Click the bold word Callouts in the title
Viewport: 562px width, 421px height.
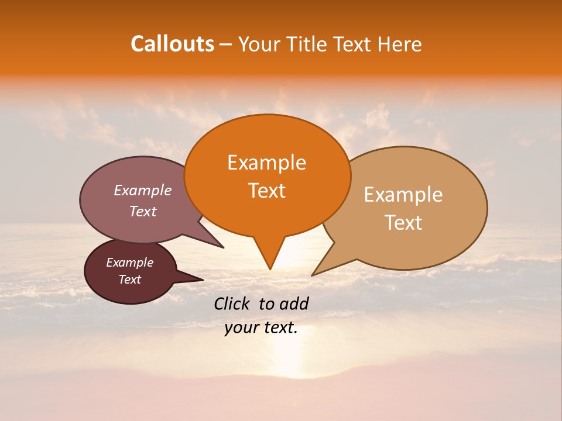[x=172, y=44]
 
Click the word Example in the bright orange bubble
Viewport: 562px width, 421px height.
[x=266, y=163]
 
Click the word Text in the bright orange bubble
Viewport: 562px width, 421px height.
[x=266, y=191]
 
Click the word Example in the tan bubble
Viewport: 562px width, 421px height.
[x=403, y=195]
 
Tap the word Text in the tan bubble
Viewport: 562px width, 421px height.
[x=403, y=223]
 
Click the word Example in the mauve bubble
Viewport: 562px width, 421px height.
[x=143, y=191]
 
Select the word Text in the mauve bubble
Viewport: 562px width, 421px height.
[x=143, y=212]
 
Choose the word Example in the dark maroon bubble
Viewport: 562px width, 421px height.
[x=130, y=263]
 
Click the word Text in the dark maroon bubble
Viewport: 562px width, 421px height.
[x=130, y=279]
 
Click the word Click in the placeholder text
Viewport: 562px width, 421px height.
[x=233, y=303]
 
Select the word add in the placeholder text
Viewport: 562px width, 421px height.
[x=294, y=303]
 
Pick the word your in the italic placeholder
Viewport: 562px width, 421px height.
[x=241, y=328]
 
